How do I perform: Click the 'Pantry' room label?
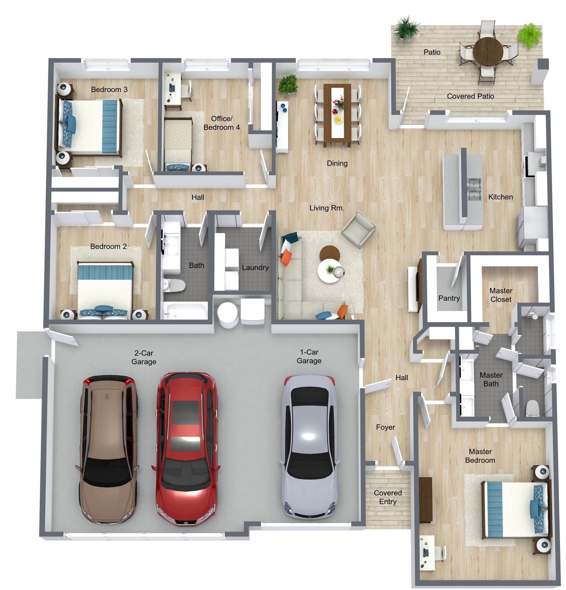449,298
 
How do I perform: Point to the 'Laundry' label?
255,267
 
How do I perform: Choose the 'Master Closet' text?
501,295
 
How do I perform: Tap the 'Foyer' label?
385,427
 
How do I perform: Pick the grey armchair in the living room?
359,229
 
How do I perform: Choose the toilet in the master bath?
532,408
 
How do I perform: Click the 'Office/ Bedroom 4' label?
222,123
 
